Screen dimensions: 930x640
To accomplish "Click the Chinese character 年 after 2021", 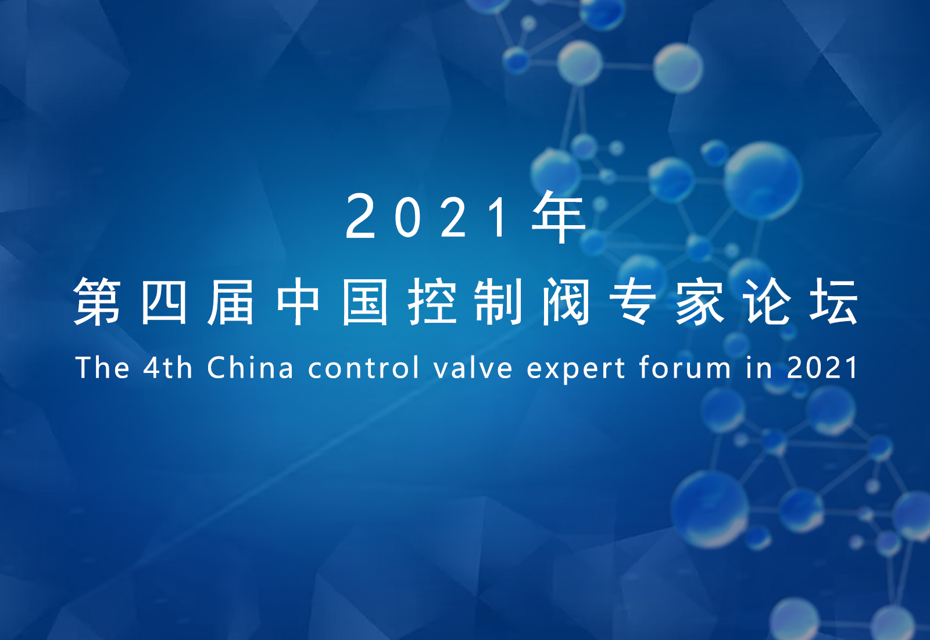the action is point(559,217).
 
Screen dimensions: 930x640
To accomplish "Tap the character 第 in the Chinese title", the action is point(97,302).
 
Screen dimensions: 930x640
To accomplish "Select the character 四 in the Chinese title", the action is point(164,302).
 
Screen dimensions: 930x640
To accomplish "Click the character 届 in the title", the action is point(230,302).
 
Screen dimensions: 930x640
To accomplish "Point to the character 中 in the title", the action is point(298,302).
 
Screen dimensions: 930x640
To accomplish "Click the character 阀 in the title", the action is point(566,302).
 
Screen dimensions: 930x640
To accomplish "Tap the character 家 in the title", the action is point(700,302).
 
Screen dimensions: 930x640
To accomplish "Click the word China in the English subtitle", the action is point(250,367).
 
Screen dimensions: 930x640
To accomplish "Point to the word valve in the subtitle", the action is point(473,367).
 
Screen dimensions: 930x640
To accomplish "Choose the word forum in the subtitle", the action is point(685,367).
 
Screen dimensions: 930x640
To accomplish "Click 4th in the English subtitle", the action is point(168,367).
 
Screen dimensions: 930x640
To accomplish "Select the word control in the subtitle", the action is point(363,367).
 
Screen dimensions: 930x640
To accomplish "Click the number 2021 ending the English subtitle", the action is point(822,367).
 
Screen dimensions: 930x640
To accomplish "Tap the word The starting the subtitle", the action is point(102,367).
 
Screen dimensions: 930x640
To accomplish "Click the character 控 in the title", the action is point(432,302).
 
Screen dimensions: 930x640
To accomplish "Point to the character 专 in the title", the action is point(633,302).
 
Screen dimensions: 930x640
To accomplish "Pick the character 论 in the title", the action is point(767,302).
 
